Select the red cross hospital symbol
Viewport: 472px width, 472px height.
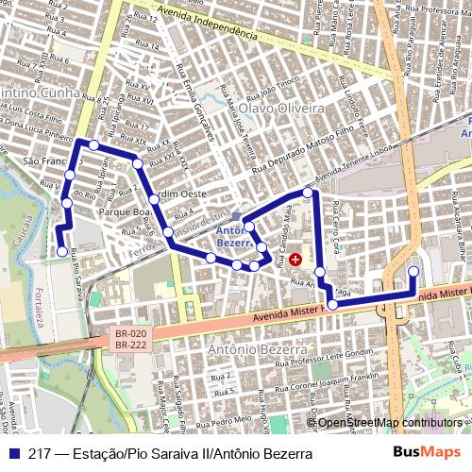[x=295, y=258]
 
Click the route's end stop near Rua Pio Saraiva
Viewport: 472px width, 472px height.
[x=62, y=251]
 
